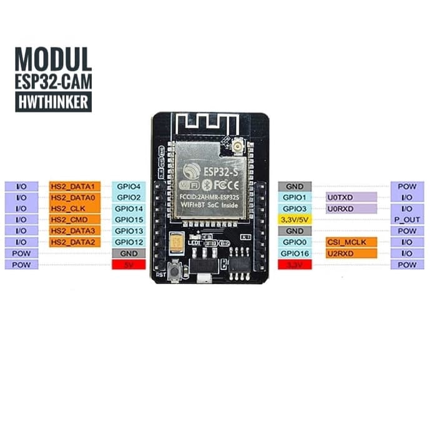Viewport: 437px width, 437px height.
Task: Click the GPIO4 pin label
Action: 129,186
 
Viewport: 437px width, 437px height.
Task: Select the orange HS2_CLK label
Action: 74,209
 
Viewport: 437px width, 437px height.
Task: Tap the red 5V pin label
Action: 129,265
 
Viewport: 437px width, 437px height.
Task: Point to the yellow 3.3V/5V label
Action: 295,220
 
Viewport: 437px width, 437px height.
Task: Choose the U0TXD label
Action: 351,197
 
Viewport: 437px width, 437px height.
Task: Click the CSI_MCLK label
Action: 351,242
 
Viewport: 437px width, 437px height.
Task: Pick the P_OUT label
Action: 407,220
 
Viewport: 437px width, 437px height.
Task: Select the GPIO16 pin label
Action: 295,253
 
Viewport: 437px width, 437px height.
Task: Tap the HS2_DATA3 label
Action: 74,231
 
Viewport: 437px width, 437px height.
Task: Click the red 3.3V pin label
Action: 295,265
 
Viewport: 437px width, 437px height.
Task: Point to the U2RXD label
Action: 351,253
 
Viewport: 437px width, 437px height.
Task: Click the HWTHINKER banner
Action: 54,102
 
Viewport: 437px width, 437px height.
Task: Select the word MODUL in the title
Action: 54,59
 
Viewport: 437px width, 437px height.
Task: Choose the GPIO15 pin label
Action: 129,220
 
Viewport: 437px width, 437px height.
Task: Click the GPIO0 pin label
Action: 295,242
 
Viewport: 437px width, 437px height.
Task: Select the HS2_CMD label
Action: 74,220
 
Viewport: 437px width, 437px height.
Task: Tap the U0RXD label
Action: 351,209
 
